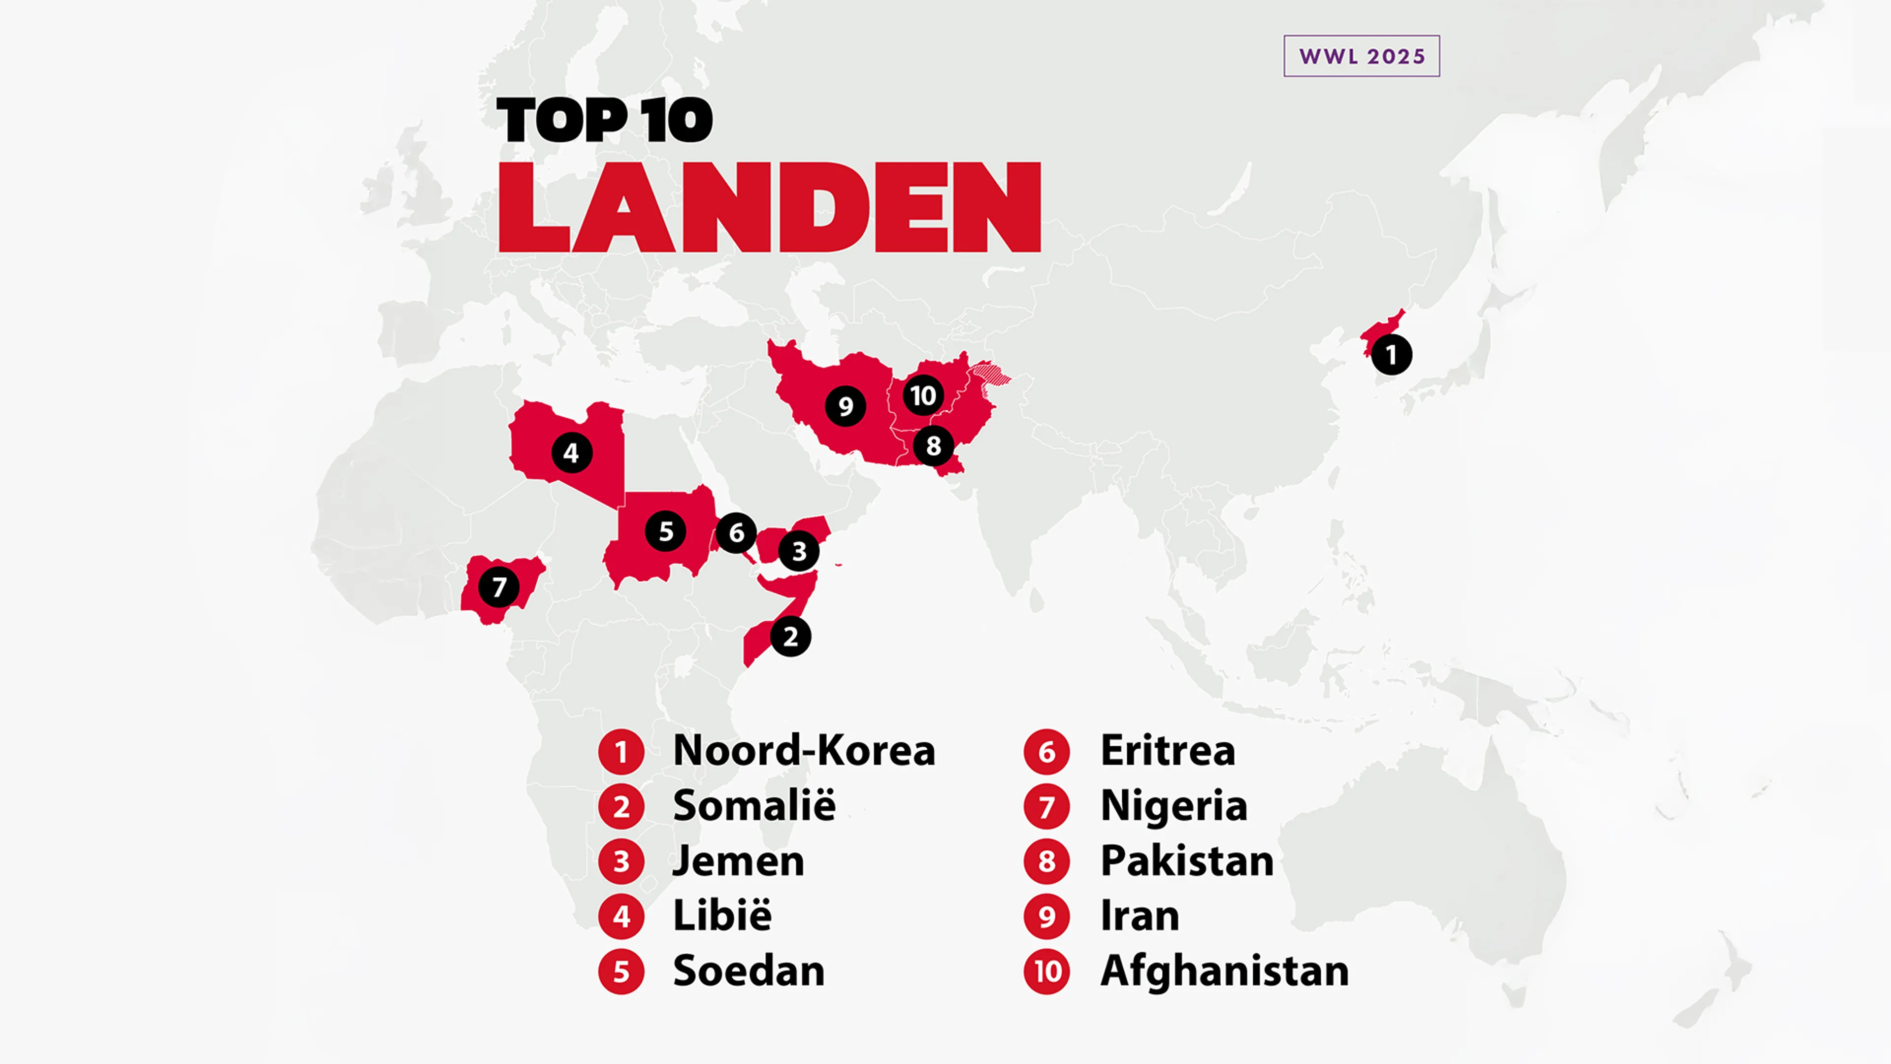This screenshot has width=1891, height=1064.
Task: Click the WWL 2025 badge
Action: [1361, 56]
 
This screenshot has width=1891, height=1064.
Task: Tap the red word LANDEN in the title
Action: [769, 208]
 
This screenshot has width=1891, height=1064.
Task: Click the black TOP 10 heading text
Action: [604, 120]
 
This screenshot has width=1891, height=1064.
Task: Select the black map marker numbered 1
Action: [1391, 355]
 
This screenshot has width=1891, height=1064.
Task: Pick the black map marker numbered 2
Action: [790, 636]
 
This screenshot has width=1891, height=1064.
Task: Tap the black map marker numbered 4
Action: [571, 453]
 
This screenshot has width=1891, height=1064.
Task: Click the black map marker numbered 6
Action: [736, 532]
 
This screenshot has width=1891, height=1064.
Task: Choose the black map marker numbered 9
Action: [845, 406]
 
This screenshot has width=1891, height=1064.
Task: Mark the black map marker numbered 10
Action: [923, 396]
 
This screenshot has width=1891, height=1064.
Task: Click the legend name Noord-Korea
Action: [804, 750]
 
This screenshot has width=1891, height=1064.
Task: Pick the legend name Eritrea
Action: [1167, 750]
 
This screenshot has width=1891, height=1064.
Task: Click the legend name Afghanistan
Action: [1224, 971]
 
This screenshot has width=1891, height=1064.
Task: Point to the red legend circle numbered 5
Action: [621, 971]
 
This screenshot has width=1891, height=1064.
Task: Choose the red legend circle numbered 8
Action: [1047, 862]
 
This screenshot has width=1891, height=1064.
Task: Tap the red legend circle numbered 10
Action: [1047, 971]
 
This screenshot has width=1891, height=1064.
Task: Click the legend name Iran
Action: [1140, 916]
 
